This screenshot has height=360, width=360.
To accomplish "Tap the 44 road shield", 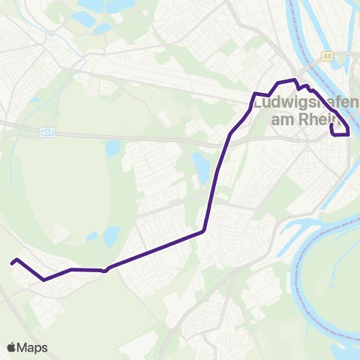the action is [x=327, y=56].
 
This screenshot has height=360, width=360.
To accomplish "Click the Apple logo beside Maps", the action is [x=11, y=347].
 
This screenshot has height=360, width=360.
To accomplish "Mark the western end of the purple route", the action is [x=11, y=263].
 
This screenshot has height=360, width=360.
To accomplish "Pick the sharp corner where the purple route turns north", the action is [x=203, y=231].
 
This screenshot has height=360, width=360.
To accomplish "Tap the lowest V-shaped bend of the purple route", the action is [x=43, y=280].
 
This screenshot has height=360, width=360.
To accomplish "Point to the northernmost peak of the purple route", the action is [x=295, y=79].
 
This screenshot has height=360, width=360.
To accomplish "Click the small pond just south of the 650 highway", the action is [x=112, y=148].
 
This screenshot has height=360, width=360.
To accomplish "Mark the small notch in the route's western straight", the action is [x=105, y=270].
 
